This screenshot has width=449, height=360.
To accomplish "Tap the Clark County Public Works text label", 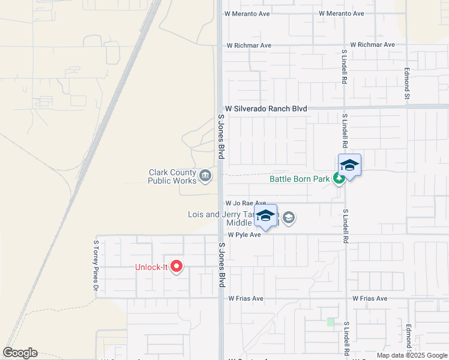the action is pos(172,176).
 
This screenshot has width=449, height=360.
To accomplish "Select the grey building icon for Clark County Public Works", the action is pos(205,176).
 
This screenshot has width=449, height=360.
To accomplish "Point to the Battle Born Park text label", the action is pos(300,179).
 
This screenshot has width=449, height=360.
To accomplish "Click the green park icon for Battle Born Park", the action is pos(340,178).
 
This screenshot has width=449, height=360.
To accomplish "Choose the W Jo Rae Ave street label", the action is pos(246,203).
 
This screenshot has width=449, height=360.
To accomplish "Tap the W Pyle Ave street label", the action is pos(244,235).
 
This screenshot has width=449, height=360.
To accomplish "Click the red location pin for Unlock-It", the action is pos(176,266).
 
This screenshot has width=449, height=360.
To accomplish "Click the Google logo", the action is pos(20,353).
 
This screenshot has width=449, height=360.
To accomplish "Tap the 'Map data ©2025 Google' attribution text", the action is pos(412,355).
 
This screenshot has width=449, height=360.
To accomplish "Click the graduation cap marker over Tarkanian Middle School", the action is pos(265,217).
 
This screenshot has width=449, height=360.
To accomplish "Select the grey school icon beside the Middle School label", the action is pos(289,217).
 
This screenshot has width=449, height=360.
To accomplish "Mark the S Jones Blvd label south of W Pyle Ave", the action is pos(221,264).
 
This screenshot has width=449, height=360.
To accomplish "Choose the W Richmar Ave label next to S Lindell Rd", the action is pos(372,45).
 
